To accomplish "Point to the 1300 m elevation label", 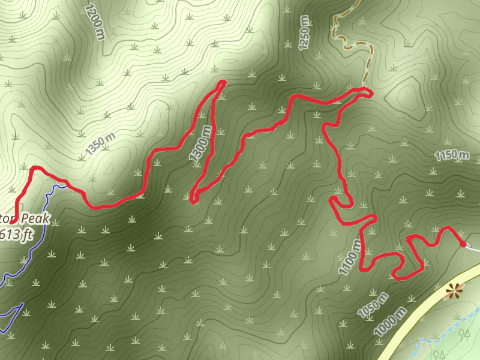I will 200,143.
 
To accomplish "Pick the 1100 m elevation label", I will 350,257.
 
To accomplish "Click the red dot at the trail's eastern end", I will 463,243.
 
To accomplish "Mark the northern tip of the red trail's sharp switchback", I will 223,82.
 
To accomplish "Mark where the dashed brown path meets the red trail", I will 365,90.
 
